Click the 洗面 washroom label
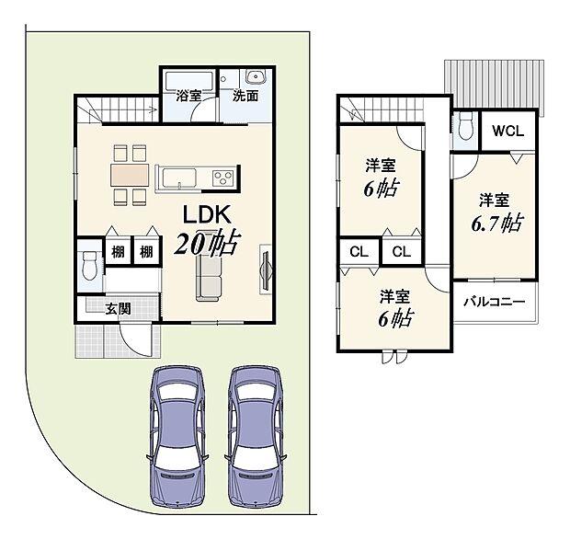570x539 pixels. (x=245, y=95)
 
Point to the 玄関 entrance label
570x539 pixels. (x=118, y=309)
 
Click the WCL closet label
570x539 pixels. (x=507, y=132)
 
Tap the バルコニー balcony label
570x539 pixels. (x=494, y=302)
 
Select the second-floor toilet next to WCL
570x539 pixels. (x=465, y=124)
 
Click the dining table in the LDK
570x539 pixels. (x=129, y=174)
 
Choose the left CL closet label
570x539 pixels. (x=359, y=251)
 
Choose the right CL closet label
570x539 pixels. (x=401, y=251)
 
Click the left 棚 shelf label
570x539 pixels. (x=119, y=252)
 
